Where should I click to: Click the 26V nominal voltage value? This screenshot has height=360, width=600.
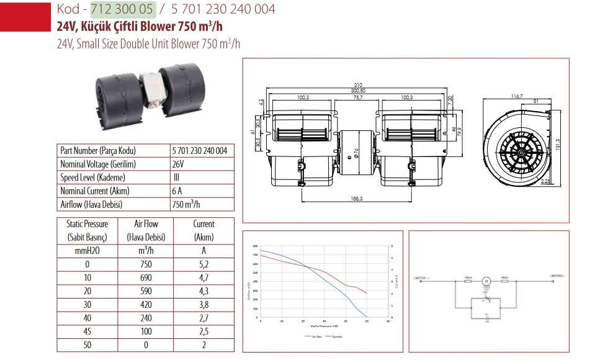pyautogui.click(x=177, y=164)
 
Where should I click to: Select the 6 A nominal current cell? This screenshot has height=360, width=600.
pyautogui.click(x=177, y=191)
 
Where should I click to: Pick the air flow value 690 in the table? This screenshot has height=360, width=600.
pyautogui.click(x=146, y=277)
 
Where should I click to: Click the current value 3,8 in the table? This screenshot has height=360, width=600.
pyautogui.click(x=204, y=304)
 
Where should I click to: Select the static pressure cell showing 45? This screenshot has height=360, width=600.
pyautogui.click(x=87, y=331)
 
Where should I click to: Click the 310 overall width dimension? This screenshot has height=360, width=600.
pyautogui.click(x=358, y=85)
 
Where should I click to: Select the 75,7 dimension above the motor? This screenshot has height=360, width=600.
pyautogui.click(x=358, y=97)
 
